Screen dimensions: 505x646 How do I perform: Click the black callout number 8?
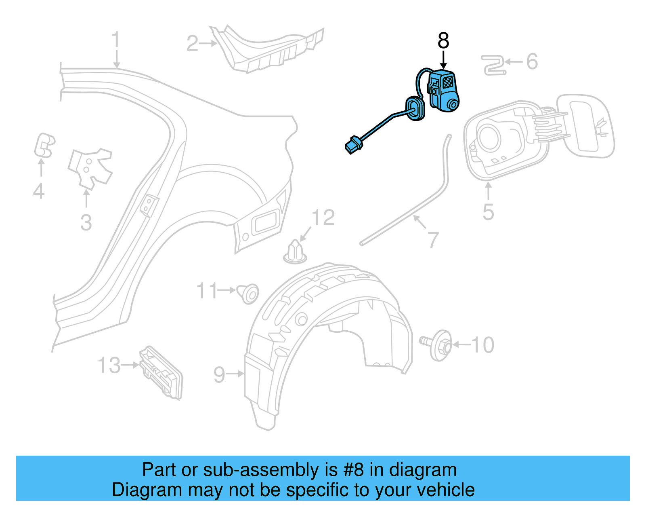[x=443, y=40]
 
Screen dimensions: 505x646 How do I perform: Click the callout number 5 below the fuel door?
[x=488, y=212]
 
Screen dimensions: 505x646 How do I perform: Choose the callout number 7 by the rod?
[x=432, y=240]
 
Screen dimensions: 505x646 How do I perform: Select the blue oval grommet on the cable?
[x=415, y=109]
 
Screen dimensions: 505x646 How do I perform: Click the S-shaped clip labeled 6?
[x=493, y=66]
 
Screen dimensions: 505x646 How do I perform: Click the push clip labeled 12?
[x=295, y=251]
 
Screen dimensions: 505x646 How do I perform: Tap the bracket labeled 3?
[x=90, y=167]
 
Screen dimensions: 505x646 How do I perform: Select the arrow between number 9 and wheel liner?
[x=235, y=374]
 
